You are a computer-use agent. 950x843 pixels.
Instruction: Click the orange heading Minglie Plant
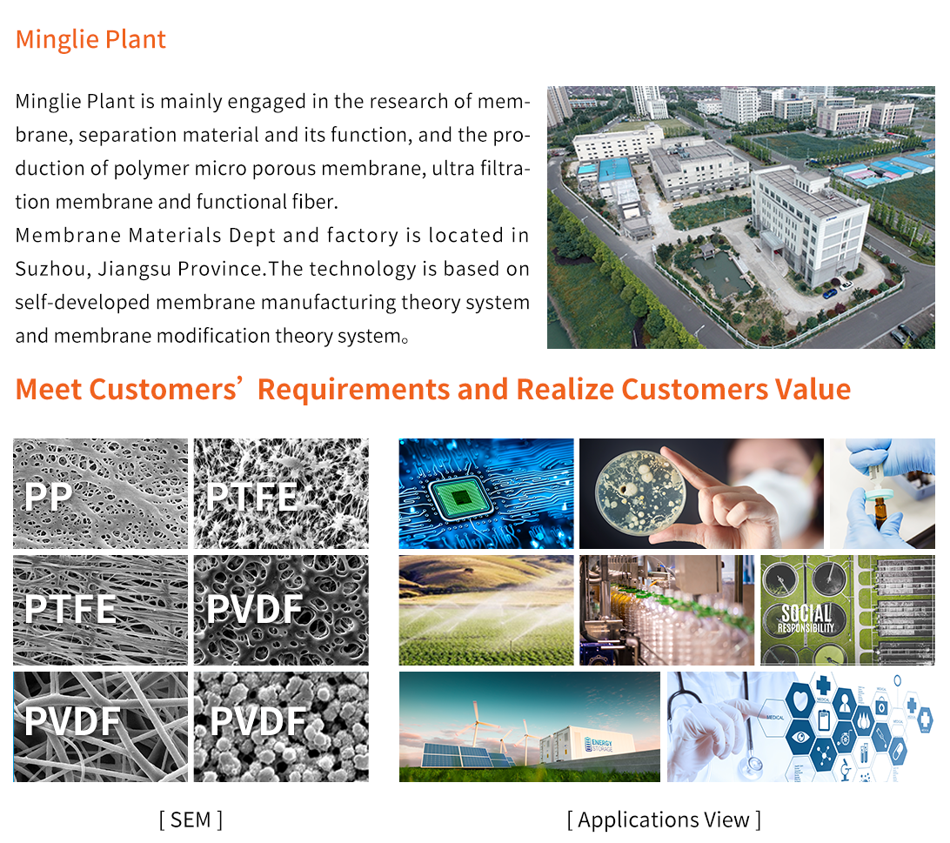coord(90,39)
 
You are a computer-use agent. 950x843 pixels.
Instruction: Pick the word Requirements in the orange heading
coord(353,390)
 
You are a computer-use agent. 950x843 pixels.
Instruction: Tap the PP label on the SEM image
coord(49,497)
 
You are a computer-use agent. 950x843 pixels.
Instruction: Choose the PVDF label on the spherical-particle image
coord(258,721)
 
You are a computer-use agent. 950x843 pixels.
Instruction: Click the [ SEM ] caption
coord(191,820)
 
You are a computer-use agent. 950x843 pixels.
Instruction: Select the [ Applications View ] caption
coord(664,820)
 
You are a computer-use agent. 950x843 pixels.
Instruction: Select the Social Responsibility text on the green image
coord(806,619)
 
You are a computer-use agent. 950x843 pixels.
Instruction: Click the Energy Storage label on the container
coord(602,745)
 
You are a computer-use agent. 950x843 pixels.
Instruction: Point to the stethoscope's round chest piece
coord(753,766)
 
